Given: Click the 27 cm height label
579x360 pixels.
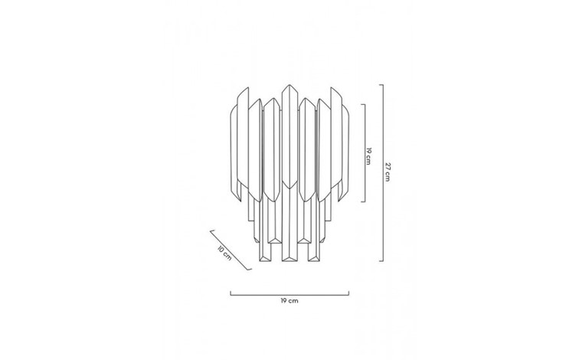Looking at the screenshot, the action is (387, 172).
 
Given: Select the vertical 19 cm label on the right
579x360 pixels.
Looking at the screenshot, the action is (368, 156).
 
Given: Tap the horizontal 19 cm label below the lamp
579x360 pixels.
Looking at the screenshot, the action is (289, 300).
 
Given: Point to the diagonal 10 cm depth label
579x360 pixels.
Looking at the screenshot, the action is (224, 253).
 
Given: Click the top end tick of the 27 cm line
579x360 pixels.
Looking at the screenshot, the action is (381, 85).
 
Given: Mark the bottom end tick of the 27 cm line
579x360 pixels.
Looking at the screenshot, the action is (381, 260).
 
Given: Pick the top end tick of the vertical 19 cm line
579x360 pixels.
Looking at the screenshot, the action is (363, 104).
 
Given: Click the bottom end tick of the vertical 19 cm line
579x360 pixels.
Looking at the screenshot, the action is (363, 201).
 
